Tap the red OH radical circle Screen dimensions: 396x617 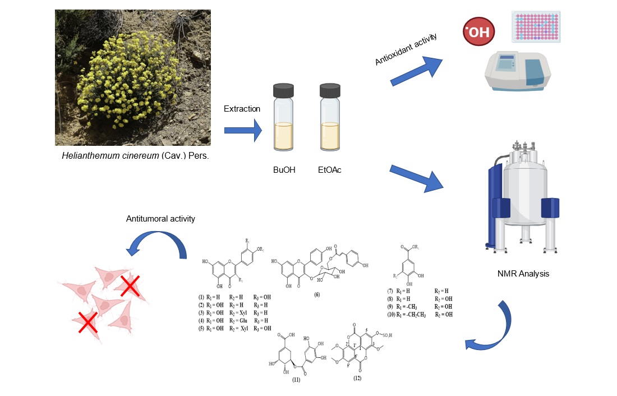[478, 32]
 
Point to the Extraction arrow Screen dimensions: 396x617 [243, 131]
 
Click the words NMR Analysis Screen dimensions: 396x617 [524, 274]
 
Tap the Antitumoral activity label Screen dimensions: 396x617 [160, 219]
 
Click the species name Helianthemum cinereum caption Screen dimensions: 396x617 [135, 155]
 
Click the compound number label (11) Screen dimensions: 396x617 [296, 380]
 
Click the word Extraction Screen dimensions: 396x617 [242, 109]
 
